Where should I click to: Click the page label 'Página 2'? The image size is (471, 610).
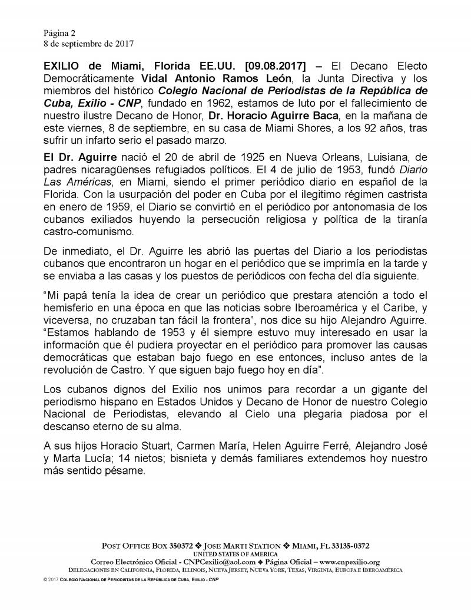[x=59, y=32]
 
